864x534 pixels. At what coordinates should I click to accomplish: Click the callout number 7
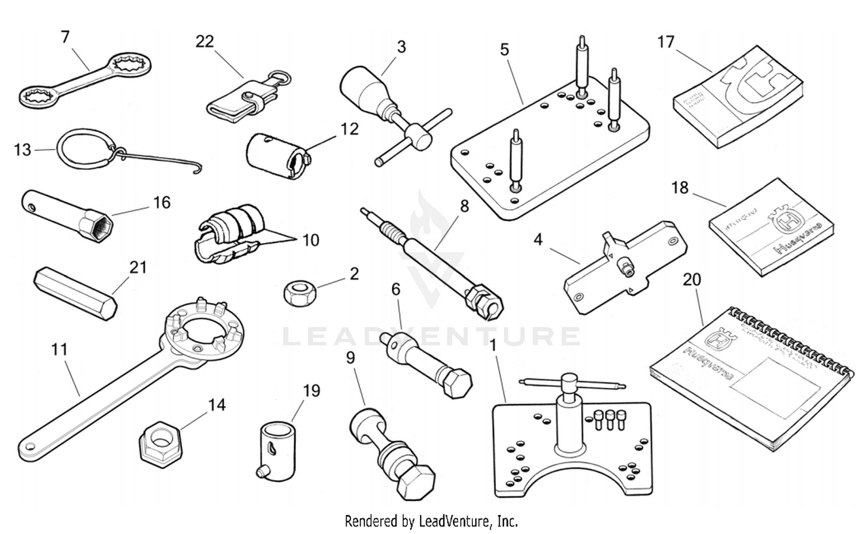click(65, 37)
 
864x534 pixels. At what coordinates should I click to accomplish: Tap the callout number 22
click(204, 41)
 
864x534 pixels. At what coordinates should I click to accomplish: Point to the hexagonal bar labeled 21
click(75, 293)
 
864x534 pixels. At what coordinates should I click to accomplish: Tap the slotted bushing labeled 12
click(276, 156)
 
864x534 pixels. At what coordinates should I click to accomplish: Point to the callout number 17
click(665, 42)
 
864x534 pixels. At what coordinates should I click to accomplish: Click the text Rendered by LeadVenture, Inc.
click(431, 521)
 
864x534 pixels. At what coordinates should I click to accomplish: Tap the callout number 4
click(537, 239)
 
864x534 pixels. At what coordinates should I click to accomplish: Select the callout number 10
click(310, 240)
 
